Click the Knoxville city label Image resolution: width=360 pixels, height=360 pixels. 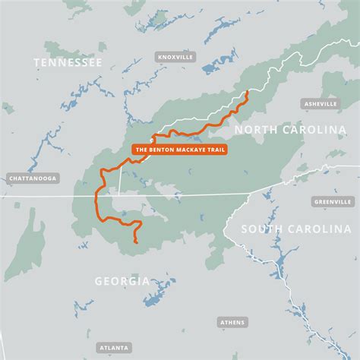click(x=175, y=57)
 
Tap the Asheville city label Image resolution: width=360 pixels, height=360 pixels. click(x=319, y=103)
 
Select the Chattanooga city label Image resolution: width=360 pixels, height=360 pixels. click(x=32, y=179)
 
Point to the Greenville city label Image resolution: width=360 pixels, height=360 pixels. click(x=333, y=202)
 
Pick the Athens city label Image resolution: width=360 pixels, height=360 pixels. click(x=232, y=322)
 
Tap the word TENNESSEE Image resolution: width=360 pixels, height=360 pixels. click(x=67, y=63)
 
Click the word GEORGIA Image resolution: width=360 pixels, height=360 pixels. click(x=122, y=281)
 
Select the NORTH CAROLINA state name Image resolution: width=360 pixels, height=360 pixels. click(x=289, y=130)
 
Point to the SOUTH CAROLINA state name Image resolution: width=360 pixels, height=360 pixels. click(x=295, y=229)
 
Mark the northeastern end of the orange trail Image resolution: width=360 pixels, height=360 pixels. click(x=248, y=92)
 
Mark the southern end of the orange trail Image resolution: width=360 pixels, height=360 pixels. click(x=135, y=242)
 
